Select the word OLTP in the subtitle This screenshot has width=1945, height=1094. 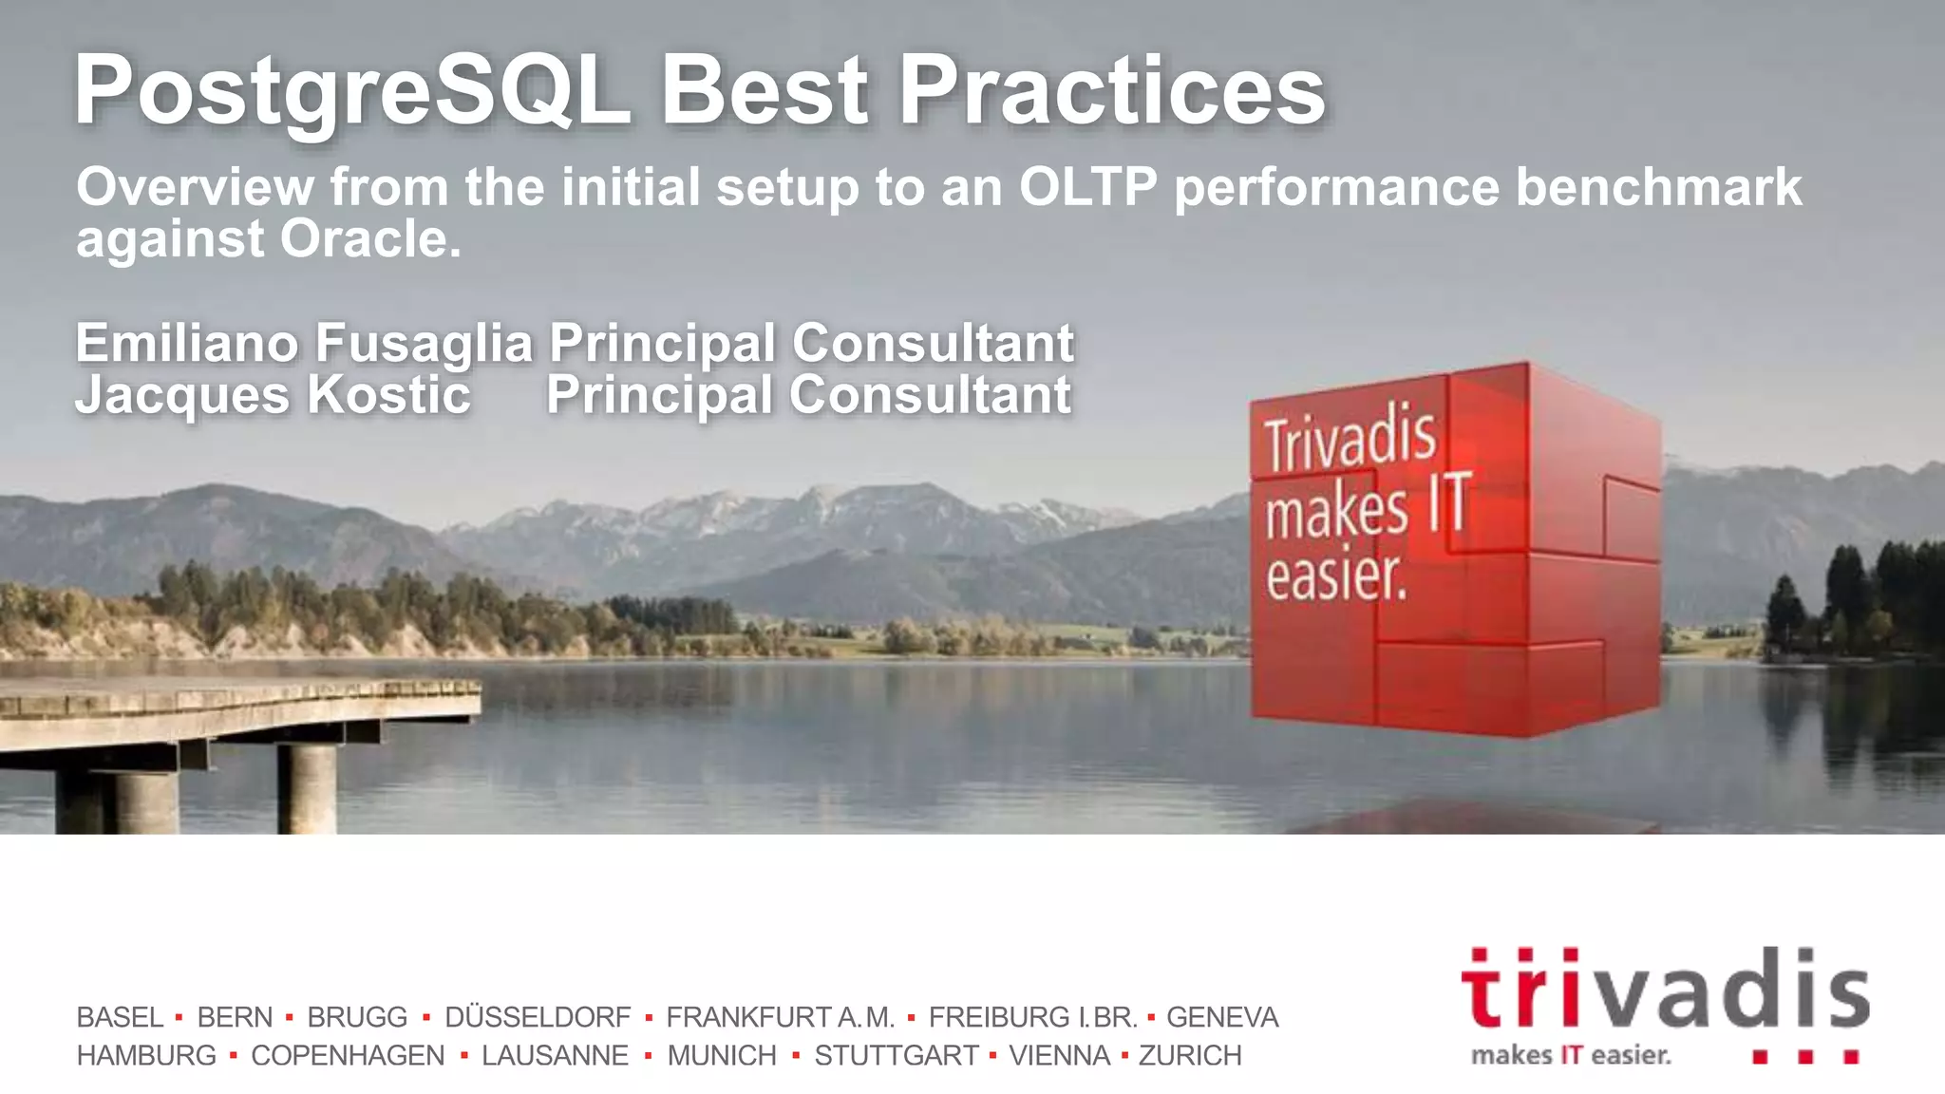coord(1088,186)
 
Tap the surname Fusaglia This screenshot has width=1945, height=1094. coord(424,344)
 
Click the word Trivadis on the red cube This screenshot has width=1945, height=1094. coord(1349,439)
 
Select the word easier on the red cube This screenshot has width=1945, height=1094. coord(1334,575)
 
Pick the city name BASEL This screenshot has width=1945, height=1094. coord(120,1017)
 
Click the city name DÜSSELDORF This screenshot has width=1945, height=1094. coord(538,1017)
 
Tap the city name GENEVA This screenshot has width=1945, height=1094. coord(1222,1017)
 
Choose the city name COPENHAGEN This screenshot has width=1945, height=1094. coord(348,1055)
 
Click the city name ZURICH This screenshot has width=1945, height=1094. coord(1190,1055)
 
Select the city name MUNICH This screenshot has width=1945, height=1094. coord(722,1055)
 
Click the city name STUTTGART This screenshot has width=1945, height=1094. coord(896,1055)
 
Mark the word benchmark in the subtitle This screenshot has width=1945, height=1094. coord(1658,186)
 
